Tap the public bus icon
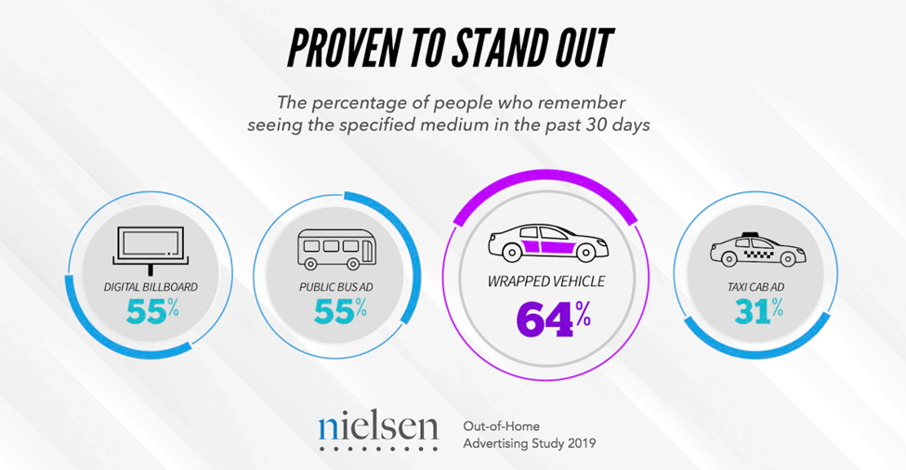click(x=332, y=247)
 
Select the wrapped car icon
click(x=548, y=244)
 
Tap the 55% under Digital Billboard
click(x=151, y=312)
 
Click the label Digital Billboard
click(x=151, y=287)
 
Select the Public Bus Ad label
click(x=335, y=287)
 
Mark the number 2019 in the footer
click(x=577, y=443)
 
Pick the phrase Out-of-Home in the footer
click(x=498, y=425)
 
